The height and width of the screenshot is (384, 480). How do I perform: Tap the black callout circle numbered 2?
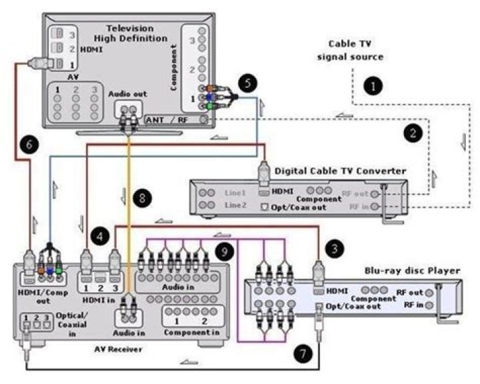413,132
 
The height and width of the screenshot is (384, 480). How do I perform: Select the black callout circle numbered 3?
333,248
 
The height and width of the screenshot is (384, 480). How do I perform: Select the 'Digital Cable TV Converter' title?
340,170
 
